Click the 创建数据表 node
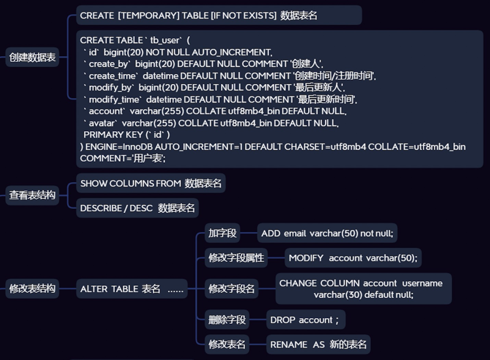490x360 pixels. point(32,58)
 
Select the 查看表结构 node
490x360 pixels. point(32,196)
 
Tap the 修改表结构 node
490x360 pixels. point(32,289)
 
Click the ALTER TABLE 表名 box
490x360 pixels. point(132,289)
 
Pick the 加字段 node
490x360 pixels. point(222,233)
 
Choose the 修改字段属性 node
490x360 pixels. point(236,258)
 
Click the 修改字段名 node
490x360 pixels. point(231,289)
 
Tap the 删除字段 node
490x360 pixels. point(227,320)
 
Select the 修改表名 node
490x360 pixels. point(227,344)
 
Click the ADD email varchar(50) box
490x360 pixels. point(327,233)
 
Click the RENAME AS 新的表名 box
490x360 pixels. point(318,344)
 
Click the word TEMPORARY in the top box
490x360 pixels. point(148,15)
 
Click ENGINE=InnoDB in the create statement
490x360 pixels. point(119,147)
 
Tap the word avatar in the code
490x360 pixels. point(103,123)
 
